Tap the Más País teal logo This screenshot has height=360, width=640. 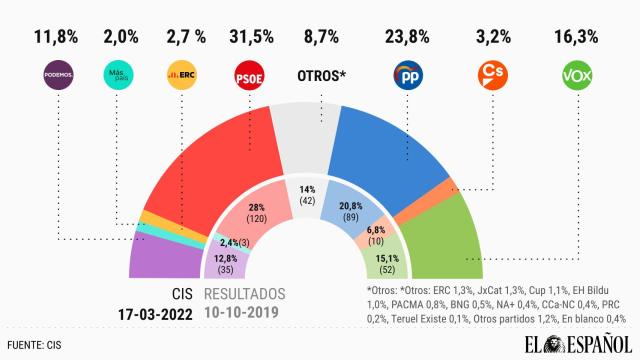[x=119, y=75]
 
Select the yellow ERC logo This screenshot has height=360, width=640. [x=181, y=75]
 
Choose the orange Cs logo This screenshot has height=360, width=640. [x=491, y=76]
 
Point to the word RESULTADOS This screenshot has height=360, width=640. [x=245, y=295]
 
